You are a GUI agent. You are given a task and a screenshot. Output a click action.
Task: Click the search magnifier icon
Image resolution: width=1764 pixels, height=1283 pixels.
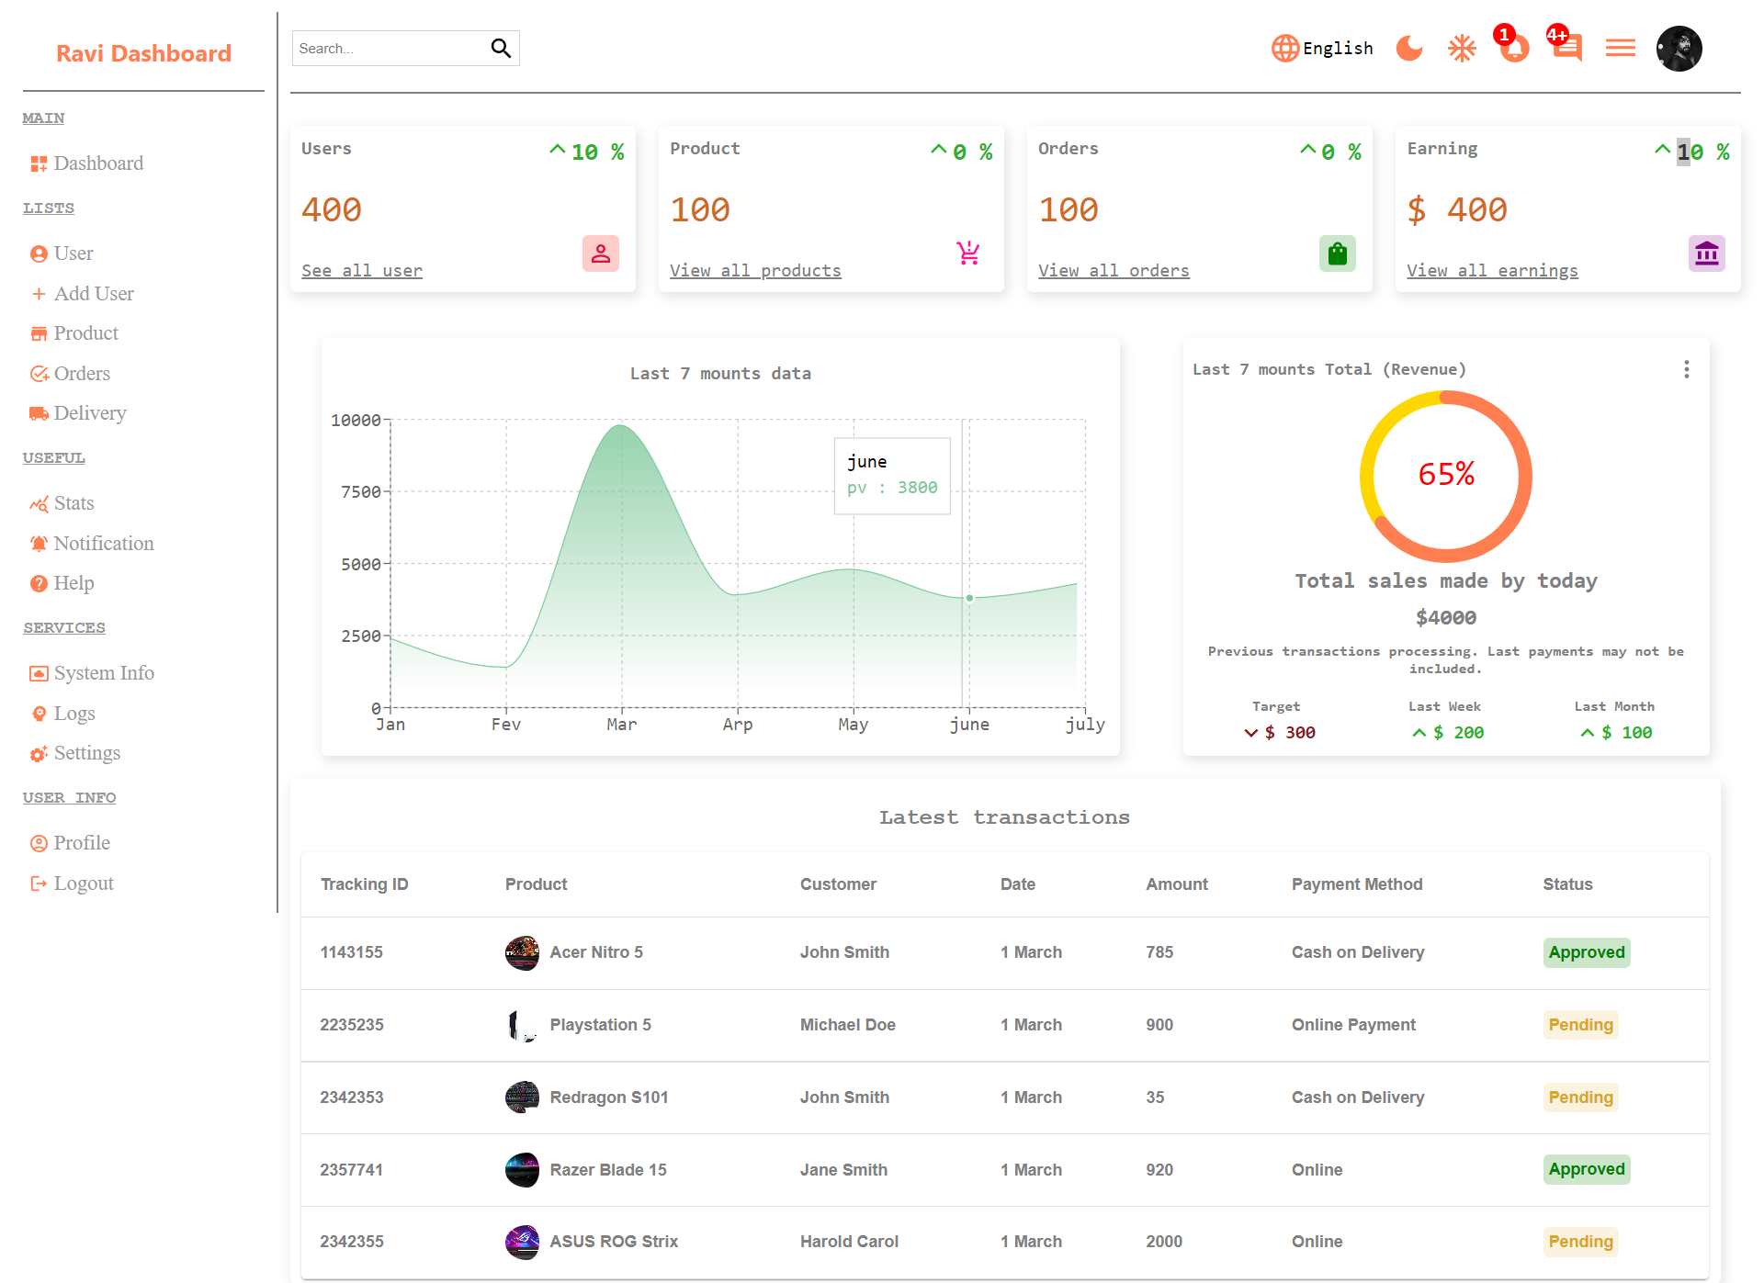click(x=500, y=48)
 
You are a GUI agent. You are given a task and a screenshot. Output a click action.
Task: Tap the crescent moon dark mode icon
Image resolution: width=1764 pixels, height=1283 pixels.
click(x=1408, y=48)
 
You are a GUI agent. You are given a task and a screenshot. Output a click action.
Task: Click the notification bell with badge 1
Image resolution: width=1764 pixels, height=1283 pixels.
click(x=1513, y=48)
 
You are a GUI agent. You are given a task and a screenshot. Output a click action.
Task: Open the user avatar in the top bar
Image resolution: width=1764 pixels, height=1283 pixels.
click(x=1679, y=48)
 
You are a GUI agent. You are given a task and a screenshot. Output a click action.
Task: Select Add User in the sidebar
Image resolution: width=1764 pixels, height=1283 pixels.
click(x=93, y=294)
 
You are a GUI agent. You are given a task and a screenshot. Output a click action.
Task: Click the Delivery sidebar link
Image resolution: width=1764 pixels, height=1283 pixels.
click(x=89, y=413)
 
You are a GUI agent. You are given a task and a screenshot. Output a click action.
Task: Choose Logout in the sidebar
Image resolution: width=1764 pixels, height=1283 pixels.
click(x=83, y=883)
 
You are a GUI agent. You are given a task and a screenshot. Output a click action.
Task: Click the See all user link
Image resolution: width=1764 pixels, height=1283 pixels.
click(x=362, y=271)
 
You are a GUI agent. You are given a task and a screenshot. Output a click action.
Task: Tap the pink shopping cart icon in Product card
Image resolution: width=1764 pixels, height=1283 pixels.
click(x=968, y=253)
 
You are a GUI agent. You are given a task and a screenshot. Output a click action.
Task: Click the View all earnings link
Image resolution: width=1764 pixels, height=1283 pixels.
click(x=1492, y=271)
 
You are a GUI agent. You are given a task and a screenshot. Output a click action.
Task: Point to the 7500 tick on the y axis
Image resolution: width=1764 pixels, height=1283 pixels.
click(x=360, y=492)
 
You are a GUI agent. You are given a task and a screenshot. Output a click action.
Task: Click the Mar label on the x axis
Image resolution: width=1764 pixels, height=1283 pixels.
click(x=621, y=725)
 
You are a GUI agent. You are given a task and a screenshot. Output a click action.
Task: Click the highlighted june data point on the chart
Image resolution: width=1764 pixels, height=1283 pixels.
click(x=969, y=598)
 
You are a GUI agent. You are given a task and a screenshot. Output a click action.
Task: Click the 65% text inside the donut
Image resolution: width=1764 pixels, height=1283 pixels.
click(x=1446, y=475)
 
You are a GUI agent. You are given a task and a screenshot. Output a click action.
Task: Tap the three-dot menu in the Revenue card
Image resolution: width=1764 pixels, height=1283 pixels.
click(x=1686, y=369)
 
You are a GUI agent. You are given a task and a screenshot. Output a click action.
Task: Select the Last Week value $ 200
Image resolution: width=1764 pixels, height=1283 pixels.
click(x=1459, y=733)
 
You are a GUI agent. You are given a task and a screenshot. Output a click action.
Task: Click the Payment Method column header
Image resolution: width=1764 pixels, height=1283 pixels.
click(x=1356, y=884)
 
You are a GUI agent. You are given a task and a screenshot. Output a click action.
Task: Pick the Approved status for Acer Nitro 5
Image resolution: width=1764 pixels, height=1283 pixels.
click(x=1586, y=952)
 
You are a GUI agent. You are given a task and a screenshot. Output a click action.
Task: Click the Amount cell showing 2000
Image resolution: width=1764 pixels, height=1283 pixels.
click(x=1163, y=1242)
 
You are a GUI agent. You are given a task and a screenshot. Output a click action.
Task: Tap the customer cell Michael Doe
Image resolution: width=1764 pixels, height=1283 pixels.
click(x=847, y=1025)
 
